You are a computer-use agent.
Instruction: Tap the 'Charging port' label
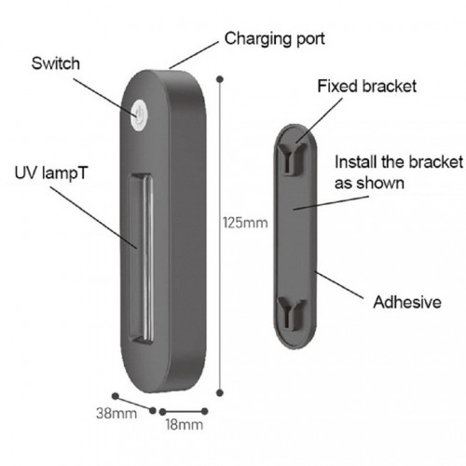tap(275, 39)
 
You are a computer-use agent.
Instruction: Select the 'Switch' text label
tap(56, 63)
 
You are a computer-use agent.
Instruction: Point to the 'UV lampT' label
tap(51, 173)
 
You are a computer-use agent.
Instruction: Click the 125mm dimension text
tap(245, 223)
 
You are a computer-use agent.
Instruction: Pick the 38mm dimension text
tap(116, 413)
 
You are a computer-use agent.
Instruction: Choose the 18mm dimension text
tap(185, 424)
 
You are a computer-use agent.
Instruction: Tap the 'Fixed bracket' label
tap(367, 86)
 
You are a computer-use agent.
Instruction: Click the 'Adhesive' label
tap(407, 302)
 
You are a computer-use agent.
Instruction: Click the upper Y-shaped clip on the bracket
tap(291, 157)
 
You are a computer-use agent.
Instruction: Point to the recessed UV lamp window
tap(142, 259)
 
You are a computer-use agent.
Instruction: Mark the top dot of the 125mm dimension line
tap(220, 79)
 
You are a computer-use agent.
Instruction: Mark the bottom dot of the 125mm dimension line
tap(220, 393)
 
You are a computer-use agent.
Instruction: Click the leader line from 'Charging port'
tap(194, 55)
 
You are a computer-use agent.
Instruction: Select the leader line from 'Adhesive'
tap(339, 285)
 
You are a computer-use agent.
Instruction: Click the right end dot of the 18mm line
tap(204, 411)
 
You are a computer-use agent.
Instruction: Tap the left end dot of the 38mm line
tap(116, 396)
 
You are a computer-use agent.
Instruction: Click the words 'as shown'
tap(369, 184)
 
